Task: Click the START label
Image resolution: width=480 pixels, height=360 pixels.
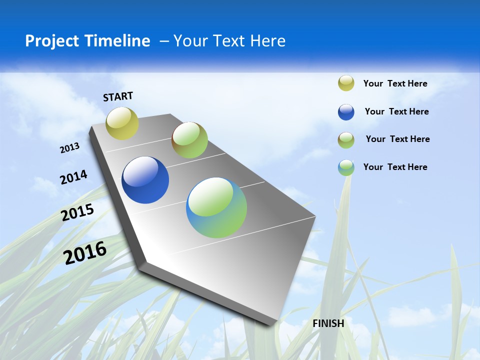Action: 118,96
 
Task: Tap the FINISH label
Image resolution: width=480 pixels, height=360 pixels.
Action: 328,323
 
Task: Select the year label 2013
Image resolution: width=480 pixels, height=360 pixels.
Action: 69,148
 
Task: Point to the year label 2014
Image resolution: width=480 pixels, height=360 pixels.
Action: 73,177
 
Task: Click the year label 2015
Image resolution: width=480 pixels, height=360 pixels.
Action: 77,212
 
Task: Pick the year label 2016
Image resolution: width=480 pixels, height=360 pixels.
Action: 85,252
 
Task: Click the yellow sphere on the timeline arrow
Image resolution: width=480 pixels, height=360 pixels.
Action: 122,123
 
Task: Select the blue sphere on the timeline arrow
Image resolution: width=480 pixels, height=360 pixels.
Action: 145,180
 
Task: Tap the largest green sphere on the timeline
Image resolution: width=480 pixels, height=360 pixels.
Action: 216,207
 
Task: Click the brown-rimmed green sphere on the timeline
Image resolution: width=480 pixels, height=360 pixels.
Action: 189,140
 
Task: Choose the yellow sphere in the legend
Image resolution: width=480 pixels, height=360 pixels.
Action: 346,83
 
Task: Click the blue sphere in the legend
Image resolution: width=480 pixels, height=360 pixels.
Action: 346,112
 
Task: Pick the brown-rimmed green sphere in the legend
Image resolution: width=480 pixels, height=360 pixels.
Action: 346,140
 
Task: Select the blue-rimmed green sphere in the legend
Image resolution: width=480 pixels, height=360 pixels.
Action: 346,167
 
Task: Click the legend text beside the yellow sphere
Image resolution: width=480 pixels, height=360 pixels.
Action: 395,83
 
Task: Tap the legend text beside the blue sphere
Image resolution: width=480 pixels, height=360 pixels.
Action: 396,111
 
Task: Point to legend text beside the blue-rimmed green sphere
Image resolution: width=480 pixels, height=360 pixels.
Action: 395,167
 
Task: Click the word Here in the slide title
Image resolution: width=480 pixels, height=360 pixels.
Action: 268,41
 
